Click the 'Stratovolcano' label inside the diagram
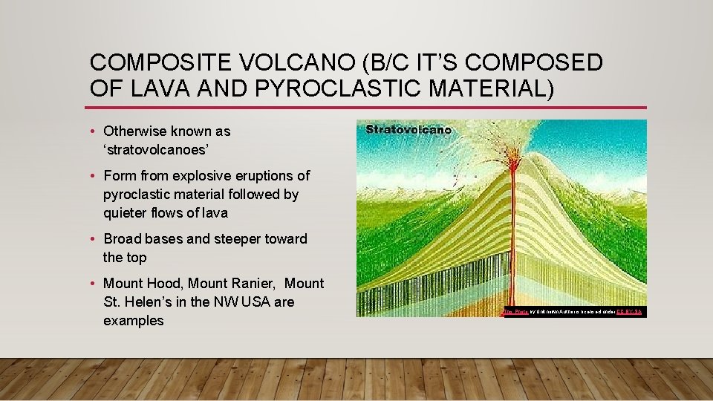[x=408, y=130]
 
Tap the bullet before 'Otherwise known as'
[x=93, y=132]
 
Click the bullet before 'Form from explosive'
[x=93, y=177]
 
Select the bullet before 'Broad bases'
[x=93, y=240]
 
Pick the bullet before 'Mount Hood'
[x=93, y=284]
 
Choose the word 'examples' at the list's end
[x=134, y=321]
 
